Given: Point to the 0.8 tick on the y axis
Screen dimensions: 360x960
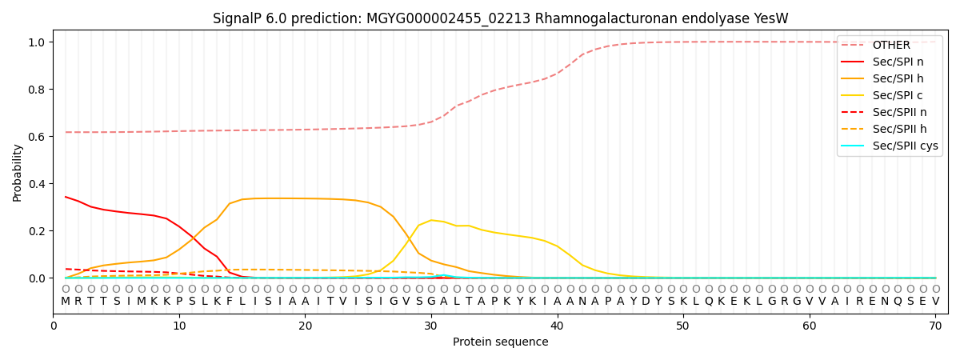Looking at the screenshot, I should (38, 90).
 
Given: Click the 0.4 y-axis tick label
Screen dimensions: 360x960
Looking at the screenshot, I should (38, 184).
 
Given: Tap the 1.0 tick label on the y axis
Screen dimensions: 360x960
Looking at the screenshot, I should (38, 42).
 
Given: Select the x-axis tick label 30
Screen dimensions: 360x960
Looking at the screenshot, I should (430, 326).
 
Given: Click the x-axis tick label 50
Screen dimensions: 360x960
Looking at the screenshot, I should (682, 326).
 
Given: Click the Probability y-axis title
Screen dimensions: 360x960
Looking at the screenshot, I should (18, 172).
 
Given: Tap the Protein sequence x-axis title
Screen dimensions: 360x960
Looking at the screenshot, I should (500, 342).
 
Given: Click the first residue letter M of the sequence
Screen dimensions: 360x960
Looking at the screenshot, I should (66, 301).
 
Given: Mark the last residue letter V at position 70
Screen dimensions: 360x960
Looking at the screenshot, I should (935, 301).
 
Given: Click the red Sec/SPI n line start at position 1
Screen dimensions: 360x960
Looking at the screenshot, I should (66, 197).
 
